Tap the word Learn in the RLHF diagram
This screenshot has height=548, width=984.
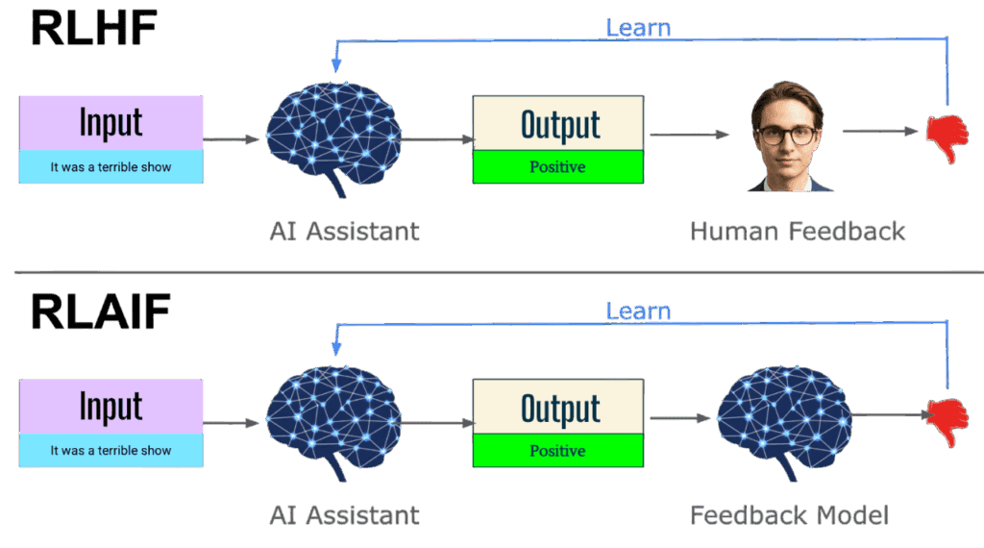click(637, 27)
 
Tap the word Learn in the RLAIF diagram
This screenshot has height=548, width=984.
click(637, 311)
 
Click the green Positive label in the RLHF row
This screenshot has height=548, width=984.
click(557, 167)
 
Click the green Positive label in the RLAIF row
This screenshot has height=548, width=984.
click(557, 451)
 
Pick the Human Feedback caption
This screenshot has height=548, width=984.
click(797, 232)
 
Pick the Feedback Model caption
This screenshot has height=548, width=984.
click(789, 515)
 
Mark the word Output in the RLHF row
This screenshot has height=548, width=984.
click(559, 124)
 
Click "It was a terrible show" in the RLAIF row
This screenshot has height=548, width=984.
click(111, 450)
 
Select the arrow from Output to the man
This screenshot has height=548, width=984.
click(690, 135)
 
